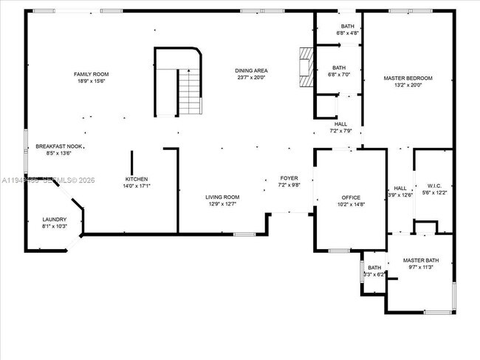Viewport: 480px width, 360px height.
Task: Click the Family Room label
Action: click(x=92, y=74)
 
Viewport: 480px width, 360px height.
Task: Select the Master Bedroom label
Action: click(x=408, y=78)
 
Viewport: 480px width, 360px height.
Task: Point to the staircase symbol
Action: click(x=190, y=92)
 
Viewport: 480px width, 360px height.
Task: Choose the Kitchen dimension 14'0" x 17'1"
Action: click(x=137, y=186)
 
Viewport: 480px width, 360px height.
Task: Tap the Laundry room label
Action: click(x=55, y=219)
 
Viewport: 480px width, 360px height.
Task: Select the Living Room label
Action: click(x=222, y=197)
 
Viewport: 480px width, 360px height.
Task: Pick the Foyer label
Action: click(x=288, y=178)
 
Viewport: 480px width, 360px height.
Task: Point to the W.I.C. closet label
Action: click(x=433, y=185)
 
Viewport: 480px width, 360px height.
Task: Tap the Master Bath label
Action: click(x=421, y=260)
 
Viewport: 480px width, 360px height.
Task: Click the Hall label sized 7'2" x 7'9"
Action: click(x=340, y=124)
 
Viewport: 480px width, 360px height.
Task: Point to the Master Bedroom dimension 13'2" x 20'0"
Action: click(x=408, y=85)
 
